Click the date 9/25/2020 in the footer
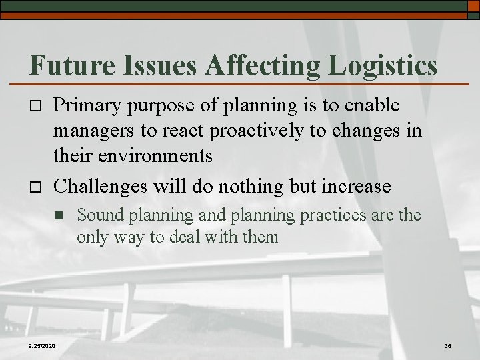pos(42,345)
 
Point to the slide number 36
pos(447,345)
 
